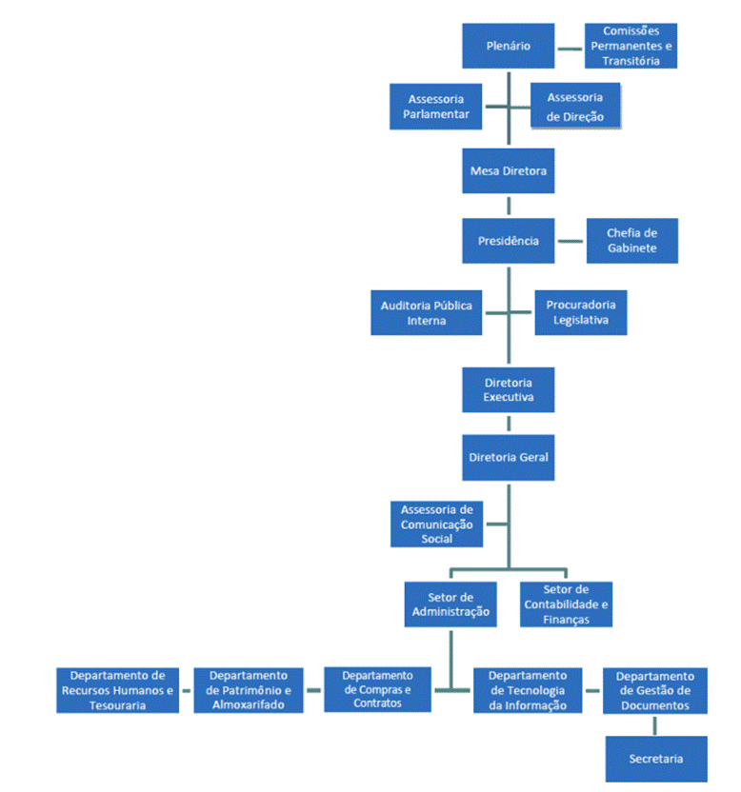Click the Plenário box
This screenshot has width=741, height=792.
(508, 46)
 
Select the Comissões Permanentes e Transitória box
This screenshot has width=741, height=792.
(631, 46)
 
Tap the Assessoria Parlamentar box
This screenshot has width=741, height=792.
(435, 106)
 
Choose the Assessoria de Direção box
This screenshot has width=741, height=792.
(575, 106)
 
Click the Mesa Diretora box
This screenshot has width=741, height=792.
(508, 171)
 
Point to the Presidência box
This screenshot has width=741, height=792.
(508, 241)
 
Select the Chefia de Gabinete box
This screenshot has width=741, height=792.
(631, 241)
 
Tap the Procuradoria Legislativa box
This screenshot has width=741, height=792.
(580, 312)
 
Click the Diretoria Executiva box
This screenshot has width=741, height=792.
(508, 389)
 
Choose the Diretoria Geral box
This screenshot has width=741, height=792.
(508, 457)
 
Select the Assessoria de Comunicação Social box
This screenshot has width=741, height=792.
(436, 525)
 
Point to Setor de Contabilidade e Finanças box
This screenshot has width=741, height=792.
(566, 604)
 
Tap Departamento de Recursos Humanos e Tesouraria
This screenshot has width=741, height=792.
(117, 690)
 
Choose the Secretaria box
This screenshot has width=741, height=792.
(655, 759)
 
